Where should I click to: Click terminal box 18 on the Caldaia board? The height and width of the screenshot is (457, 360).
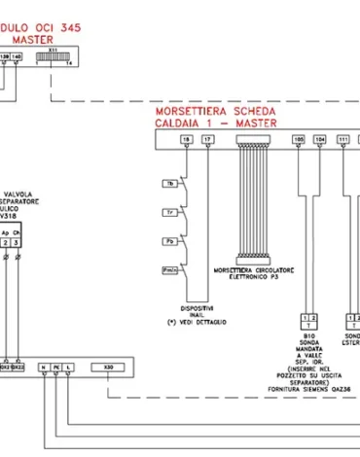point(186,140)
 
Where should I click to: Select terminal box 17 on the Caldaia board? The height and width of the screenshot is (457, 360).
point(207,140)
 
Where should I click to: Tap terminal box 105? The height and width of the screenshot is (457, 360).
point(299,140)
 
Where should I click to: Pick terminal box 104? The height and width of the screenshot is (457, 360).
point(320,140)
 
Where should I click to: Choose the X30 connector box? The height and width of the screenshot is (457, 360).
point(106,368)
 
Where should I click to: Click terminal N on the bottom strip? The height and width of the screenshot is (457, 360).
point(43,368)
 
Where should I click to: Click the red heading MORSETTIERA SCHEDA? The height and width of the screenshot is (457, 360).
point(215,111)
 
